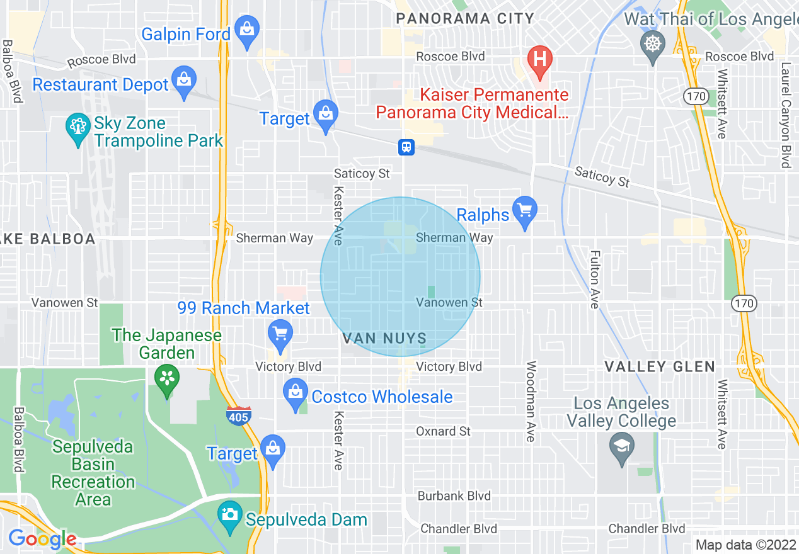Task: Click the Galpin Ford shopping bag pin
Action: [x=247, y=30]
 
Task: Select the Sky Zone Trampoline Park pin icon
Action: [x=78, y=128]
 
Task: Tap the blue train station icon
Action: [x=406, y=147]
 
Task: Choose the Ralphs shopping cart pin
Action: [x=524, y=211]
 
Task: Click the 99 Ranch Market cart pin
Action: [x=280, y=334]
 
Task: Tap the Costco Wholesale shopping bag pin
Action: [x=296, y=393]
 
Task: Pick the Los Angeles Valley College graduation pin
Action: [x=622, y=449]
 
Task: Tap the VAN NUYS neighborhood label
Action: [x=385, y=339]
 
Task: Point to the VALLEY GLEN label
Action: [x=660, y=366]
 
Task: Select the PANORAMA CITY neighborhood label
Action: [x=465, y=19]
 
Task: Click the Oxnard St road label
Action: [x=444, y=431]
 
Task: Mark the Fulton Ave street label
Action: [x=594, y=280]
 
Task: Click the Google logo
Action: [x=43, y=540]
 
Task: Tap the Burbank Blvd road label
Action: [x=454, y=496]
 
